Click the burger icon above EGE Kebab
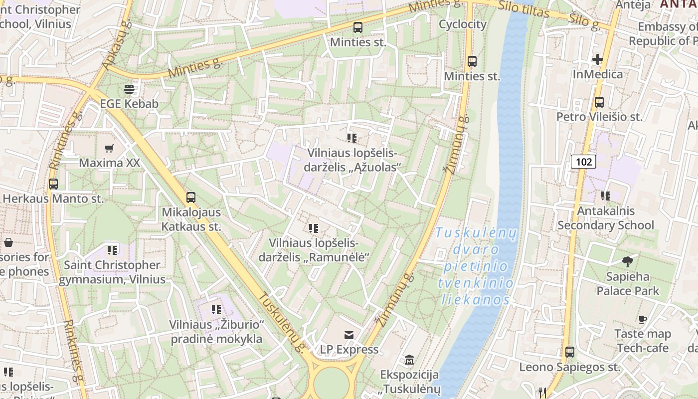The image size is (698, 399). point(129,89)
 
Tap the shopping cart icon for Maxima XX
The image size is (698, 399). point(109,148)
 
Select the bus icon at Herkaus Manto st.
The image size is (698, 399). point(53,184)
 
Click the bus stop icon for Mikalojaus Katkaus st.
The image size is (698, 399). point(191,197)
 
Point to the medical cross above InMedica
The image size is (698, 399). point(597,59)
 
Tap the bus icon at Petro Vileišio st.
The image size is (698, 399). point(599,102)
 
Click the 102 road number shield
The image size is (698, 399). point(583,162)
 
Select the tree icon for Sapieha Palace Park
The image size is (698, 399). point(627,261)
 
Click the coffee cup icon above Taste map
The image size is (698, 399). point(643,319)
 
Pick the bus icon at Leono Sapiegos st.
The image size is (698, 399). point(570,352)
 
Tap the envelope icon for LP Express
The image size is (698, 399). point(349,335)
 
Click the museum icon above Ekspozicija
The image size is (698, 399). point(409,360)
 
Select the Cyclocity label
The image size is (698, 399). point(462,24)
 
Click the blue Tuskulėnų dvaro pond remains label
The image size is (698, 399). point(476,266)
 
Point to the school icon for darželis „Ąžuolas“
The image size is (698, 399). point(352,138)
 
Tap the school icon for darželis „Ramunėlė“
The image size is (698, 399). point(313,228)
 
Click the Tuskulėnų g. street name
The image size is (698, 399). point(280,322)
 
